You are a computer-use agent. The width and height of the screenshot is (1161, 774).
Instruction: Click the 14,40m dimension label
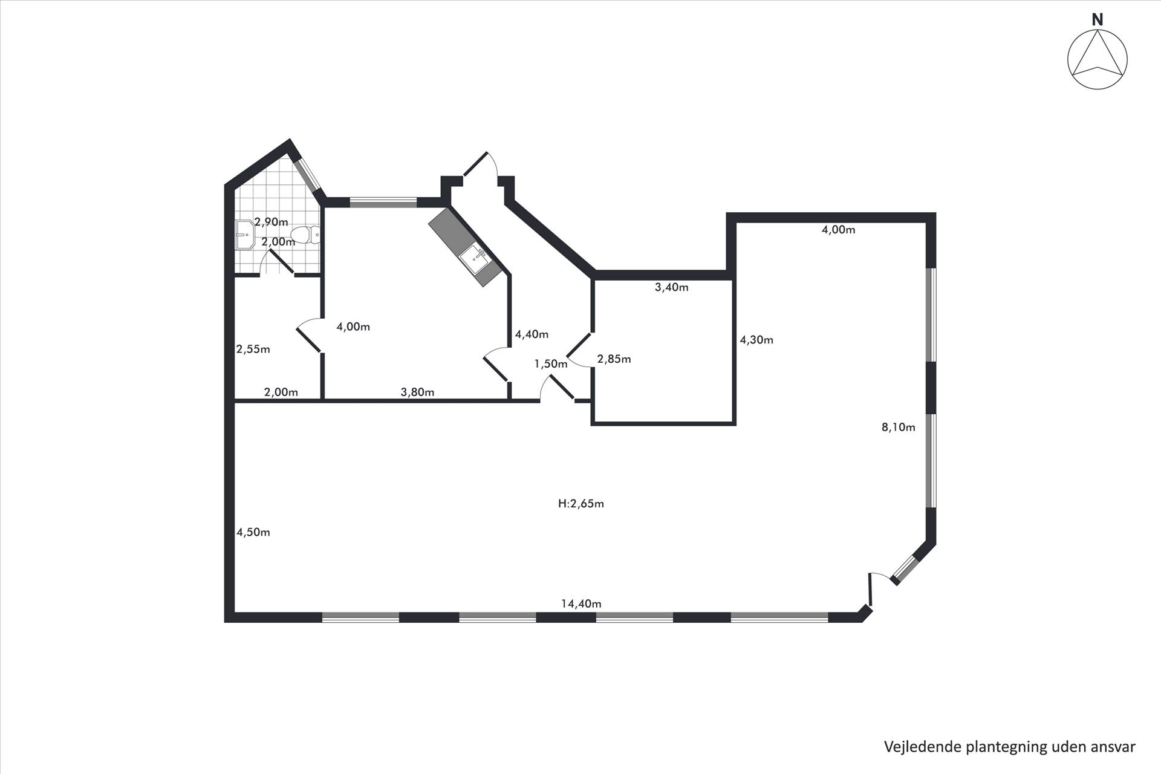pyautogui.click(x=581, y=603)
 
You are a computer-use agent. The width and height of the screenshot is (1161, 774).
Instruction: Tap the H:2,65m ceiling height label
pyautogui.click(x=580, y=504)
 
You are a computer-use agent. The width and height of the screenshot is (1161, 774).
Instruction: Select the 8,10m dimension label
pyautogui.click(x=898, y=427)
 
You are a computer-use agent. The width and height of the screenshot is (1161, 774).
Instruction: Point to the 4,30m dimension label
pyautogui.click(x=756, y=340)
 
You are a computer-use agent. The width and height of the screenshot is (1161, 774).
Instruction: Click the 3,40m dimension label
pyautogui.click(x=671, y=287)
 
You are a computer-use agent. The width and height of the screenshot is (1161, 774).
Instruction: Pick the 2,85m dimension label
pyautogui.click(x=614, y=359)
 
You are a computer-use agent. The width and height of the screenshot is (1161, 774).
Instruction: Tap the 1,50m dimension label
pyautogui.click(x=551, y=363)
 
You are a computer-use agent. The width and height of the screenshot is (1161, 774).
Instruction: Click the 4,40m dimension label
pyautogui.click(x=532, y=334)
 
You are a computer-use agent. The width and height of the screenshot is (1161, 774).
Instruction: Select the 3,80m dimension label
pyautogui.click(x=417, y=392)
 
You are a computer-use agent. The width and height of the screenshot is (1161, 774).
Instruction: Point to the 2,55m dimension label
pyautogui.click(x=253, y=349)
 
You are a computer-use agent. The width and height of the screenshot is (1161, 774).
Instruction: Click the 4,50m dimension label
pyautogui.click(x=253, y=532)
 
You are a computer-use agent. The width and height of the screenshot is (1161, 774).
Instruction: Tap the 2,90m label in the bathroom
pyautogui.click(x=271, y=222)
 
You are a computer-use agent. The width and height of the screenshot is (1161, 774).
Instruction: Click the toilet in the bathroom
pyautogui.click(x=305, y=235)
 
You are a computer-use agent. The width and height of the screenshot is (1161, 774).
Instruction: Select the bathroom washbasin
pyautogui.click(x=246, y=234)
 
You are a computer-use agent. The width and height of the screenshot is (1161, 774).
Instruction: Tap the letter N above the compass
pyautogui.click(x=1097, y=19)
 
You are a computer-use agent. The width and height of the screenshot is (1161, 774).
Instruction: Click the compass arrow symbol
pyautogui.click(x=1097, y=60)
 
